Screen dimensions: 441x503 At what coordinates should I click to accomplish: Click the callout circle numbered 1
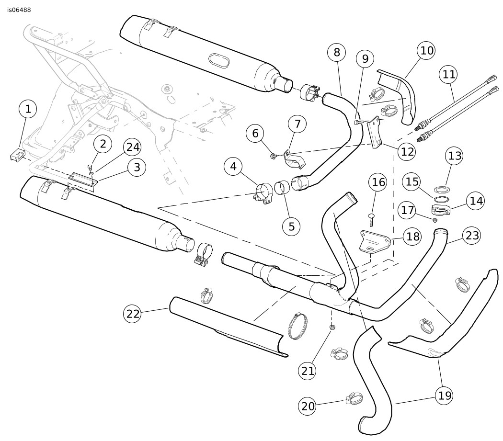[x=28, y=110]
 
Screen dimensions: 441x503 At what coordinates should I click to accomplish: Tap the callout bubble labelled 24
[x=134, y=148]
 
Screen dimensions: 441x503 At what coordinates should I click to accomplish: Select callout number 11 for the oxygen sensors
[x=449, y=75]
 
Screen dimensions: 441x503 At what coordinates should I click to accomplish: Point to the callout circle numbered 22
[x=134, y=314]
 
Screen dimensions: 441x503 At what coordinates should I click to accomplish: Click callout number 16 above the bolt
[x=378, y=182]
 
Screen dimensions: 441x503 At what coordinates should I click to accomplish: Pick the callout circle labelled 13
[x=455, y=156]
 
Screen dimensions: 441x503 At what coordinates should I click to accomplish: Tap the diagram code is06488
[x=19, y=10]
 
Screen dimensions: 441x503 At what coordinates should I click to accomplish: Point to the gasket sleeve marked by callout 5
[x=283, y=187]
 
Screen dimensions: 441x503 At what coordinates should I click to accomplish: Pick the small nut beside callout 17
[x=434, y=220]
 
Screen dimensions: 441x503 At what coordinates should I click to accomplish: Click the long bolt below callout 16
[x=371, y=223]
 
